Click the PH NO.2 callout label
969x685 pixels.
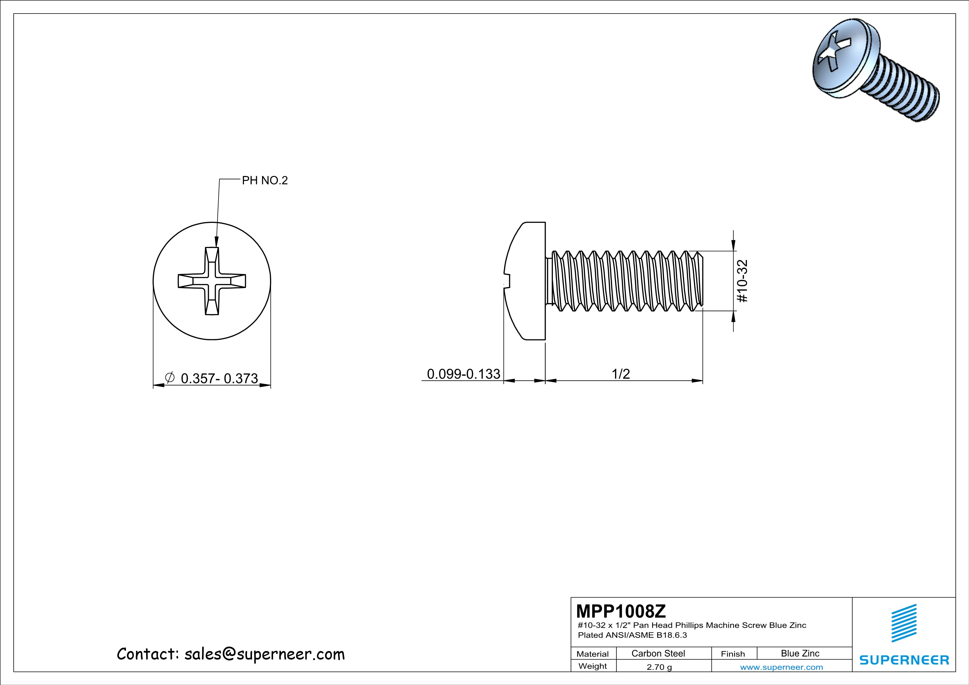pos(265,181)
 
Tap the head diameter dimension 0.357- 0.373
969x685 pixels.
pos(219,378)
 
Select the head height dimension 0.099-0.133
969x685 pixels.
pos(463,374)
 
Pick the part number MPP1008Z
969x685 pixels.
pos(621,611)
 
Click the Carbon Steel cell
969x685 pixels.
pos(658,653)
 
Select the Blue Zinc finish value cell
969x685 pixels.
pos(800,653)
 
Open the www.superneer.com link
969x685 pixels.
pos(781,667)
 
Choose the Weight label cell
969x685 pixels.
pos(593,666)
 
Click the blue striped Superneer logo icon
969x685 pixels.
pos(904,623)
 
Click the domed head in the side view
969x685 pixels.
pos(525,281)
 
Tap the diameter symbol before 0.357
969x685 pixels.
pos(170,378)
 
